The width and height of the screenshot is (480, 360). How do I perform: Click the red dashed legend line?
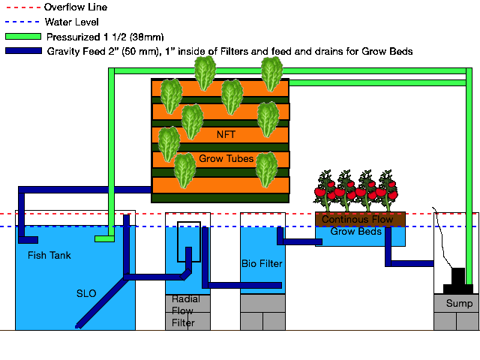22,7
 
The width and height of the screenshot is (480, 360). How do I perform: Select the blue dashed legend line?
22,22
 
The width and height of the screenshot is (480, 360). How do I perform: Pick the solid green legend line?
22,36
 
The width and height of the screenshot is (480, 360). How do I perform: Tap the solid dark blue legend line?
22,50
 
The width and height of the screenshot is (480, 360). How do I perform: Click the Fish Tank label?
49,256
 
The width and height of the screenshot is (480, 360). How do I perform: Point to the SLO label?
86,293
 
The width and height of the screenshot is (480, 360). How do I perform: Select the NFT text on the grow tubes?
226,135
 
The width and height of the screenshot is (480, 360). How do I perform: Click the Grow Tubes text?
226,159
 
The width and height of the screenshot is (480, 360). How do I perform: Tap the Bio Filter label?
262,264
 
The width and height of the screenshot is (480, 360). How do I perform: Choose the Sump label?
459,304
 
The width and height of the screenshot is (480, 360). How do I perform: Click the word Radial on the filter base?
185,299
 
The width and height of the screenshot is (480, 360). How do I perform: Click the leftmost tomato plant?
325,191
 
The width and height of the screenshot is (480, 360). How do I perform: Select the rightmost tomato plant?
388,191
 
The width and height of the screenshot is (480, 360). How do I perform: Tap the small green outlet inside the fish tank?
104,239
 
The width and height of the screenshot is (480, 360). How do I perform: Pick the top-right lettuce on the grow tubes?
271,73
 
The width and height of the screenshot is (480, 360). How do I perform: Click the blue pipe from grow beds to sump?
409,263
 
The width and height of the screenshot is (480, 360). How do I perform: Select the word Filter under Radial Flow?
182,323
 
